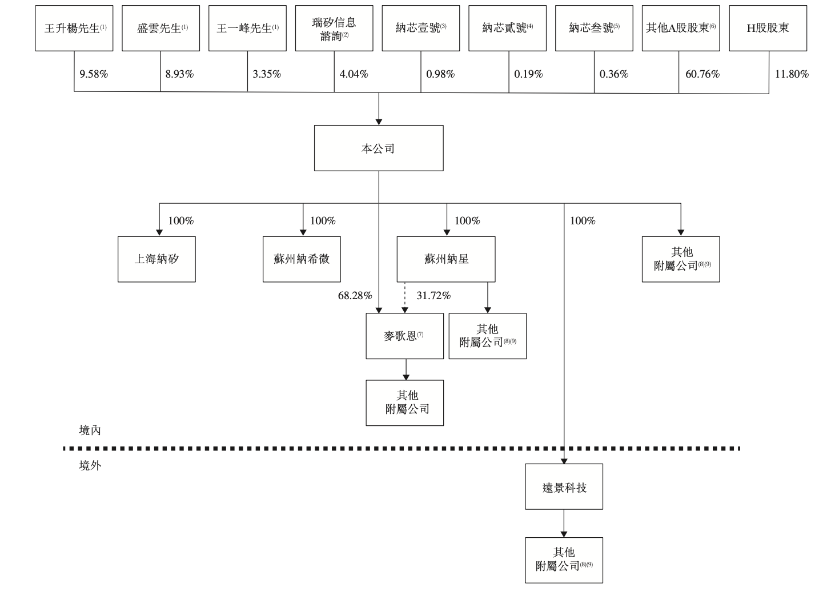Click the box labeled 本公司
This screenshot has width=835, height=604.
tap(378, 148)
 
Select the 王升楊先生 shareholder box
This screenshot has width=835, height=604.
tap(74, 29)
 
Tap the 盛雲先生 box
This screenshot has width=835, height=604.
tap(160, 29)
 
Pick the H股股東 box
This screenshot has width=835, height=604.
tap(768, 29)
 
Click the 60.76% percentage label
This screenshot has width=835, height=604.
tap(702, 74)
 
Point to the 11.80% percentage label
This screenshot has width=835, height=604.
tap(791, 74)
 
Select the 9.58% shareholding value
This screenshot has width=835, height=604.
tap(94, 74)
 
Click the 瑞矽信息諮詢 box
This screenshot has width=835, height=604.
tap(334, 29)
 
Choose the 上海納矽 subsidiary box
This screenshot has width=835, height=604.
tap(156, 259)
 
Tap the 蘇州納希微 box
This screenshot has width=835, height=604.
tap(302, 259)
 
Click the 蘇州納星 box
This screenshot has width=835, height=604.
tap(446, 259)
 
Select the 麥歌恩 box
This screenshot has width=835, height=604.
tap(404, 336)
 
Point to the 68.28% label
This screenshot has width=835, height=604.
tap(355, 296)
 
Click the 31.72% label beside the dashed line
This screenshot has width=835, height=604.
tap(433, 296)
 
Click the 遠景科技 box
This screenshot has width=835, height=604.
tap(564, 486)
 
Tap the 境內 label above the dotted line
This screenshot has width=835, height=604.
tap(90, 430)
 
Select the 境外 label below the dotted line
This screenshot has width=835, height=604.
tap(90, 466)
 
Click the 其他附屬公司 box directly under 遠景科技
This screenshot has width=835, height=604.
tap(564, 560)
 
